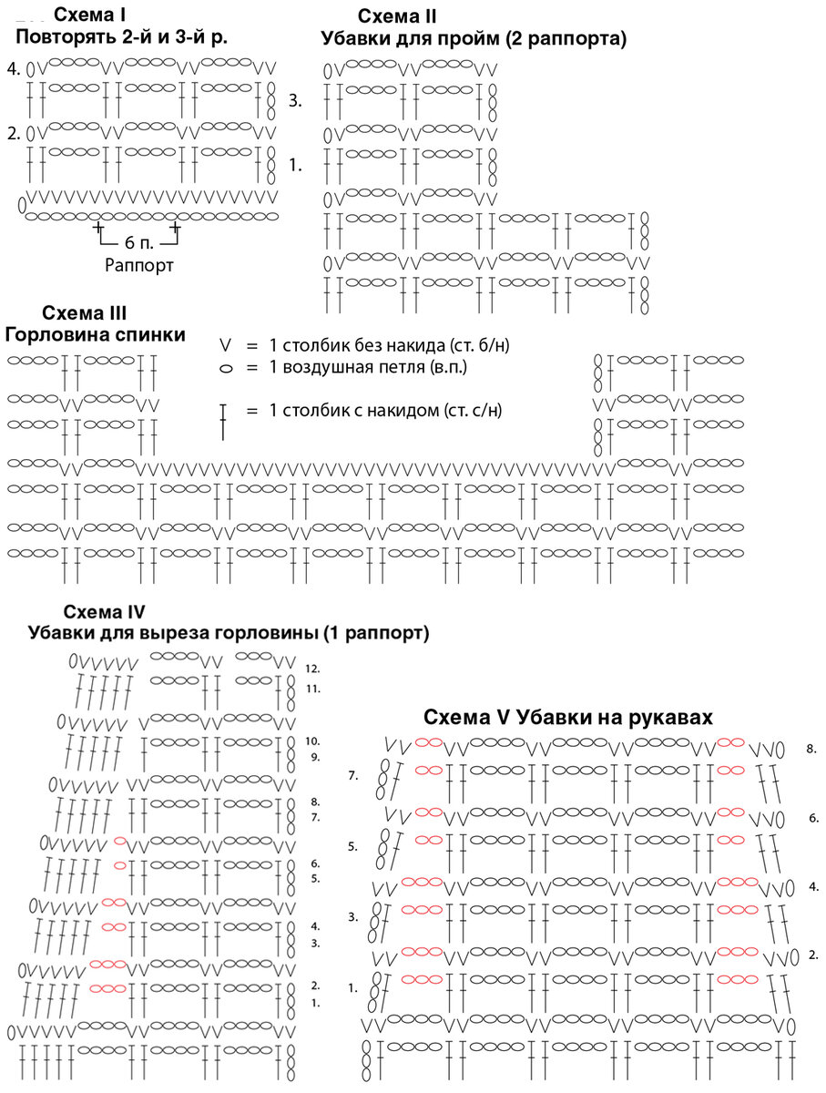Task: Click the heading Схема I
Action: (x=89, y=15)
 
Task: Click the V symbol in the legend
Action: (x=226, y=346)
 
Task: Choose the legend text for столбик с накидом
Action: (x=386, y=410)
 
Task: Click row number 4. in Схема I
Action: (x=13, y=69)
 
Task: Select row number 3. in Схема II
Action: (x=295, y=100)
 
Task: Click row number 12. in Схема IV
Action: (x=313, y=669)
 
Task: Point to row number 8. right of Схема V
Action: (x=811, y=749)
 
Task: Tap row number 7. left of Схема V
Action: (x=354, y=776)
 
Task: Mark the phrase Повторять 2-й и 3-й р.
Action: (x=121, y=37)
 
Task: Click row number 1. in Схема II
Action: (x=295, y=166)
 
